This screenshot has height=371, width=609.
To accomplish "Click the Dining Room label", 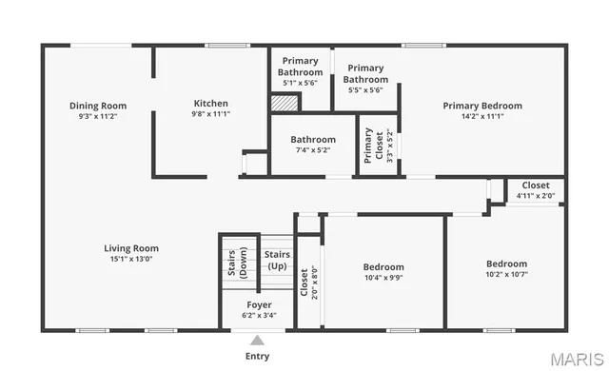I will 97,105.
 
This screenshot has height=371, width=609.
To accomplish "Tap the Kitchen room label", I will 210,103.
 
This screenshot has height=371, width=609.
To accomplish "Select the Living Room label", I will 130,248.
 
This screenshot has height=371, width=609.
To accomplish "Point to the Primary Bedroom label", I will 481,105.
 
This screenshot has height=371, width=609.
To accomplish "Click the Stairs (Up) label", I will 277,260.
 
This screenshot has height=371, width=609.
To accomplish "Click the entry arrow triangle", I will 257,340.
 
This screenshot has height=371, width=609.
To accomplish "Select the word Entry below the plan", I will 257,356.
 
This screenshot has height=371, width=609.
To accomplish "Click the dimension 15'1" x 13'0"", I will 130,259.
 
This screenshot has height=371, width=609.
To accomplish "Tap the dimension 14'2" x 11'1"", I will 481,116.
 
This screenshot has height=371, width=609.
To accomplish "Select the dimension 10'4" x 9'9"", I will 383,278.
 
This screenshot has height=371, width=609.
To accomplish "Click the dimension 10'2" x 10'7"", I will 506,275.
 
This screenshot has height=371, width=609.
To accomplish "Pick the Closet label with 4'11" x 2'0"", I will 535,185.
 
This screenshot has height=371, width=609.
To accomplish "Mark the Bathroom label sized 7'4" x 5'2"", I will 313,139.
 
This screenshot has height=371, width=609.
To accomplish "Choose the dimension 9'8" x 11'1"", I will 210,114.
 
